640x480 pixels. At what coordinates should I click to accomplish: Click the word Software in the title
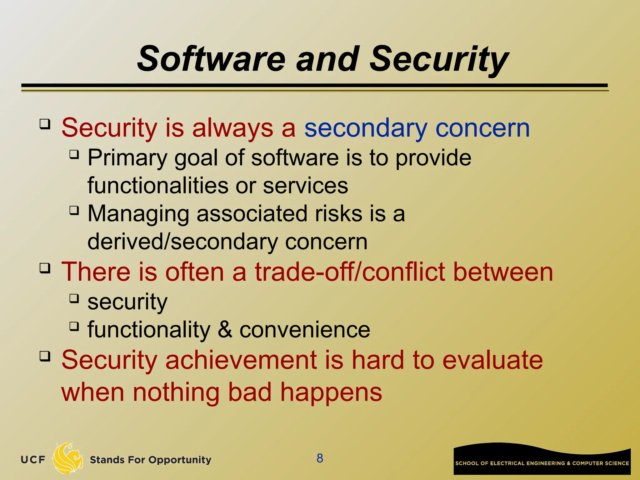211,59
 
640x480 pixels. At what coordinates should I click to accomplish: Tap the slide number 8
320,458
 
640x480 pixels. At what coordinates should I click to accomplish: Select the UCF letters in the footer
33,460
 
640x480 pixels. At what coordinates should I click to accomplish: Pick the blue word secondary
366,128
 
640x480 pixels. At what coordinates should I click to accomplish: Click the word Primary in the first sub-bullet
127,158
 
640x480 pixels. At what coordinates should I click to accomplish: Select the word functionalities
157,186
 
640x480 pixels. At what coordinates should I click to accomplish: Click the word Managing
138,214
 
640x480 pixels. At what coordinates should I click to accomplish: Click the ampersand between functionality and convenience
225,330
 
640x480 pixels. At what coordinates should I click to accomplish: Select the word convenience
305,330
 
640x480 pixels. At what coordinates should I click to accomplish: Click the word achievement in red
241,360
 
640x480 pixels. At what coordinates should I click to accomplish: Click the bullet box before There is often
45,268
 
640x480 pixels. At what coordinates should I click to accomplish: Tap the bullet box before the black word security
74,298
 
